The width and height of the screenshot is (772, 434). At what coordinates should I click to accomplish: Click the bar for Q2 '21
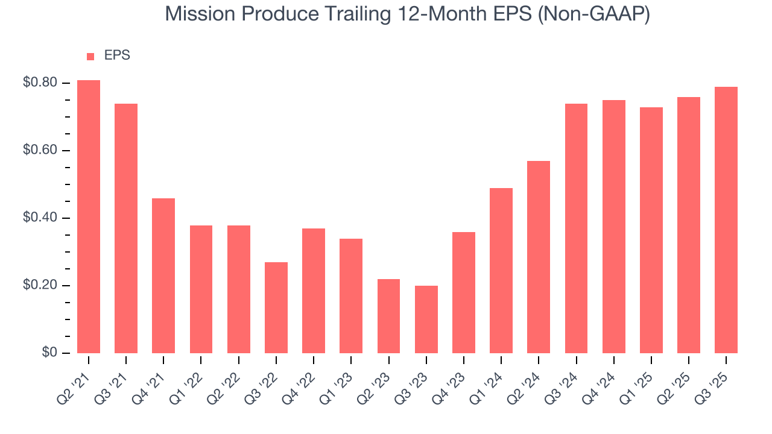(x=89, y=217)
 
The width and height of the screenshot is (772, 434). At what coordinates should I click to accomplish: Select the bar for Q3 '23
(x=426, y=319)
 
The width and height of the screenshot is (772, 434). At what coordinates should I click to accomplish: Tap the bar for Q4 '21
(x=163, y=275)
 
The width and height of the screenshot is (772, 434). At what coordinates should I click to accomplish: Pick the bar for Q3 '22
(x=276, y=307)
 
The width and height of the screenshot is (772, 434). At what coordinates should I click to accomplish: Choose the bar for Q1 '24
(x=501, y=271)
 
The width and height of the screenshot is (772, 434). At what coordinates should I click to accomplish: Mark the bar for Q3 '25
(x=726, y=220)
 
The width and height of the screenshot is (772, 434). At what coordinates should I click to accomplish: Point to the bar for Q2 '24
(x=539, y=257)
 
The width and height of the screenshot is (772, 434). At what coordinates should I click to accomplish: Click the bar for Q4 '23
(x=464, y=292)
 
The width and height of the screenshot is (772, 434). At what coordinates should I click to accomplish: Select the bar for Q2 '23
(x=388, y=316)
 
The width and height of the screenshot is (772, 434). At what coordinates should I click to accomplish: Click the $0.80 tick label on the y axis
(x=40, y=83)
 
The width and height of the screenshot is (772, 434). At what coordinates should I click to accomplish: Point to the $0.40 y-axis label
(x=40, y=218)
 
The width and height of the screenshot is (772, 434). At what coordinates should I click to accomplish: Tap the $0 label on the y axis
(x=49, y=353)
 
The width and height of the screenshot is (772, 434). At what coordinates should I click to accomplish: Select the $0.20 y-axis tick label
(x=40, y=285)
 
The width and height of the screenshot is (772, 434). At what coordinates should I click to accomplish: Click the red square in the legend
(x=90, y=56)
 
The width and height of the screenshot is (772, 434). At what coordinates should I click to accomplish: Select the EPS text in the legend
(x=117, y=55)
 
